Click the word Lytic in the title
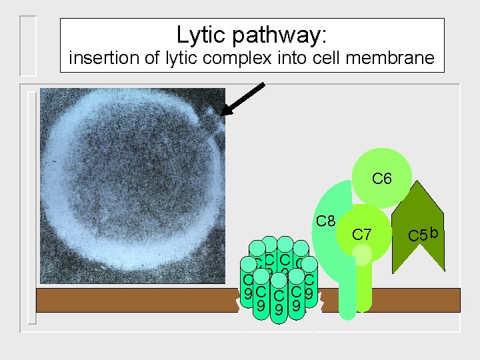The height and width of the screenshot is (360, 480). pyautogui.click(x=199, y=35)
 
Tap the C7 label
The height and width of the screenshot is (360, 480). pyautogui.click(x=362, y=234)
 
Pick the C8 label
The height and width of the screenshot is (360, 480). pyautogui.click(x=325, y=220)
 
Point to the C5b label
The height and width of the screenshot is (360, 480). pyautogui.click(x=423, y=234)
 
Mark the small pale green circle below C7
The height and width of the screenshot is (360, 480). pyautogui.click(x=362, y=255)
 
